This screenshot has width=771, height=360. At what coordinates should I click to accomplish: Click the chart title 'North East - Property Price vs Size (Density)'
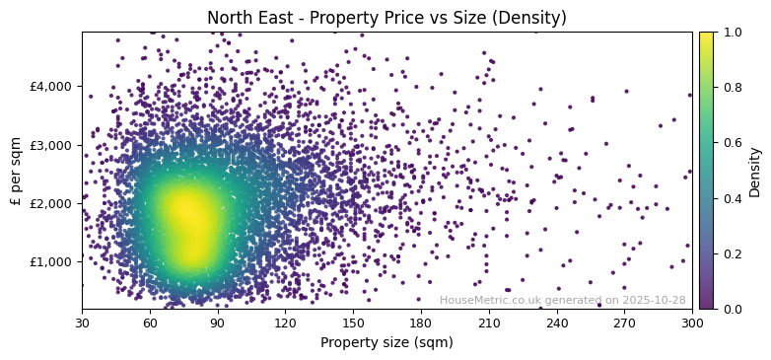click(386, 18)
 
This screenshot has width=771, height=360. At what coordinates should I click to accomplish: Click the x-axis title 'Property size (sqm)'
click(386, 342)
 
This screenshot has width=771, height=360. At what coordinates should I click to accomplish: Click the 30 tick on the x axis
click(82, 323)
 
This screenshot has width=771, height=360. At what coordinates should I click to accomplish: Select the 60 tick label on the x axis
click(150, 323)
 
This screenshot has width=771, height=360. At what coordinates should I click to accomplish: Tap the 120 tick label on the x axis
click(285, 323)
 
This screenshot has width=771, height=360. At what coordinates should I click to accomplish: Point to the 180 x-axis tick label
click(421, 323)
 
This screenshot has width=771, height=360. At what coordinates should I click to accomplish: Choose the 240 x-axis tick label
click(557, 323)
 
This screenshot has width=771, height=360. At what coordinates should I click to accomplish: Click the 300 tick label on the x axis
click(692, 323)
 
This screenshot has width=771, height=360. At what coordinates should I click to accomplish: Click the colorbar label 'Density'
click(755, 172)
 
